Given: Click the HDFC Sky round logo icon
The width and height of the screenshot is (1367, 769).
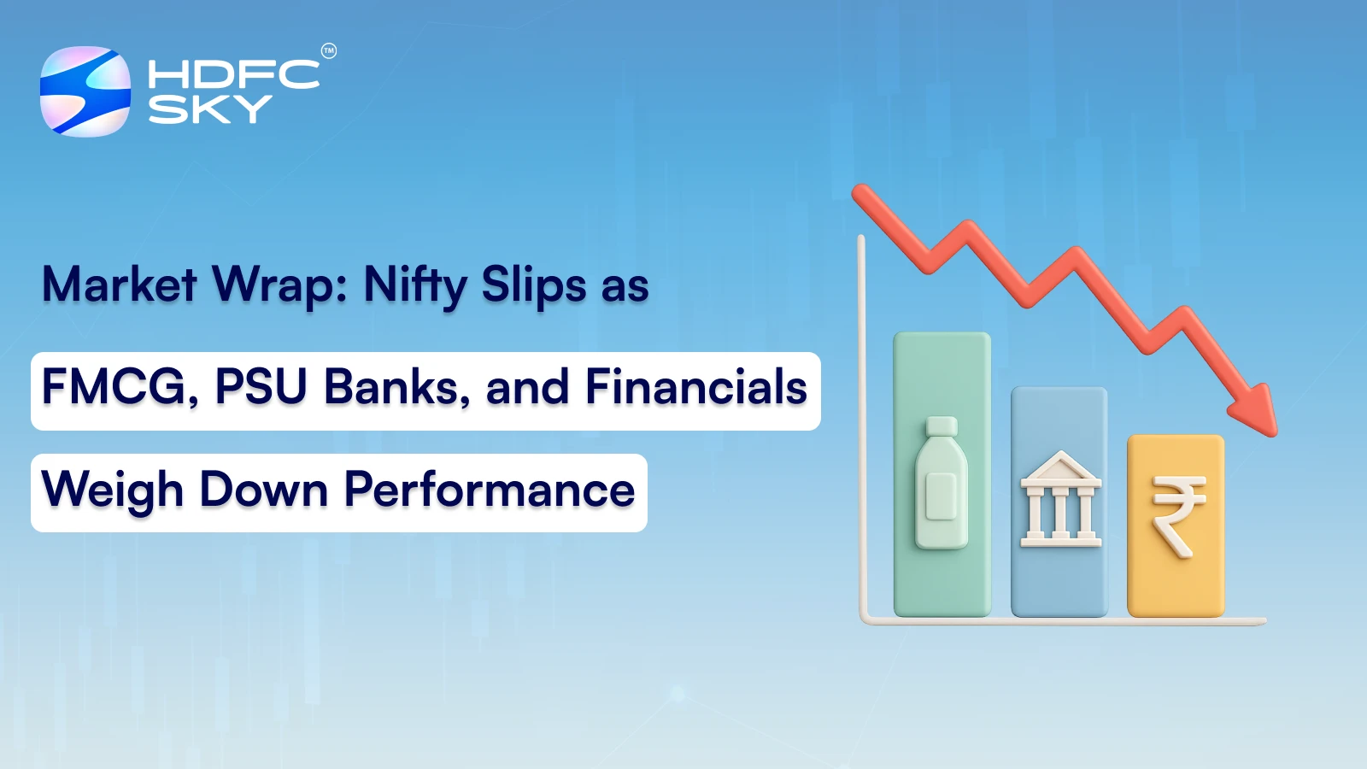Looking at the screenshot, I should tap(85, 91).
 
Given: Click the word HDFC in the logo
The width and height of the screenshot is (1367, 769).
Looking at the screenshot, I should tap(233, 74).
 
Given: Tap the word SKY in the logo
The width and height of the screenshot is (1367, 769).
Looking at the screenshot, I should tap(209, 109).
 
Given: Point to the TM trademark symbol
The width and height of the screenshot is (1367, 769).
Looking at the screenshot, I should tap(329, 51).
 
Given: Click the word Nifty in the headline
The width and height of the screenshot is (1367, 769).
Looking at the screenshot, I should tap(414, 285).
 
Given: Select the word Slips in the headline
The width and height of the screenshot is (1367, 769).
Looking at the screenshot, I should tap(534, 285).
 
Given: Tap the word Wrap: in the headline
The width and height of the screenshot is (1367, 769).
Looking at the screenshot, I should tap(280, 285).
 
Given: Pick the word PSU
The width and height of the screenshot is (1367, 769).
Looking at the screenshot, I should tap(261, 387).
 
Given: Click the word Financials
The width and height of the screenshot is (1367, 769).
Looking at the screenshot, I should tap(695, 387).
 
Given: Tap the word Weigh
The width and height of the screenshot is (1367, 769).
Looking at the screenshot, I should tap(113, 491).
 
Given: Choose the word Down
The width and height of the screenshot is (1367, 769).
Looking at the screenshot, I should tap(264, 490).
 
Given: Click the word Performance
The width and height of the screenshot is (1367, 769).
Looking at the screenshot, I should tap(490, 491).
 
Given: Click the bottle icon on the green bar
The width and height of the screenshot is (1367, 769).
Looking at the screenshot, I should tap(942, 487).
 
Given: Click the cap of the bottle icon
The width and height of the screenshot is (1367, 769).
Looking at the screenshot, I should tap(942, 426).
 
